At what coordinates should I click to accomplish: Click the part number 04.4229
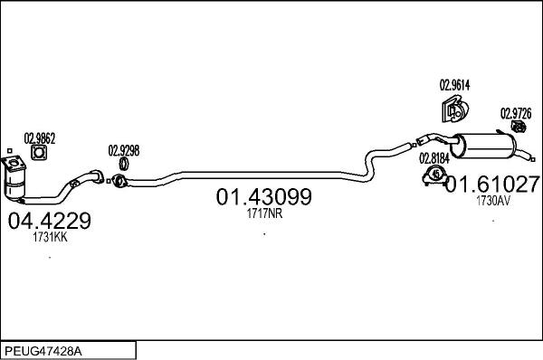tap(49, 220)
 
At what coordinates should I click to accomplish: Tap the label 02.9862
tap(40, 137)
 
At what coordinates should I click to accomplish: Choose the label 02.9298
tap(124, 151)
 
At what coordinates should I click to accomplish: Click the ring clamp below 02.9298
tap(123, 166)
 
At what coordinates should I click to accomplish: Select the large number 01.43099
tap(262, 196)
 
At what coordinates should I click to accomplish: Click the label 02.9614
tap(455, 86)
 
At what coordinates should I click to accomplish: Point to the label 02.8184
tap(434, 156)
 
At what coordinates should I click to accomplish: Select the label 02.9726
tap(517, 113)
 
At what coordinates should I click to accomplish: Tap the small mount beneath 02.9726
tap(517, 131)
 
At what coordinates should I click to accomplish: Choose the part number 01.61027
tap(494, 185)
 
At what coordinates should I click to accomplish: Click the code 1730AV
tap(493, 202)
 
